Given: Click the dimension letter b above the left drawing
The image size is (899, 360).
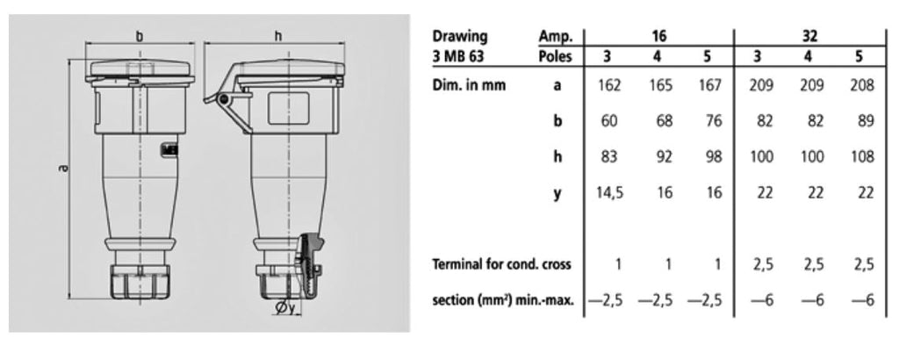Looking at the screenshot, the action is pyautogui.click(x=140, y=37).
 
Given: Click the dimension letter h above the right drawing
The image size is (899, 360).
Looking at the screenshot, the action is pyautogui.click(x=278, y=37).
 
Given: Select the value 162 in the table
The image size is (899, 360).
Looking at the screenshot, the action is pyautogui.click(x=609, y=85).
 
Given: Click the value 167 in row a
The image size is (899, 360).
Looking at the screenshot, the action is pyautogui.click(x=709, y=85).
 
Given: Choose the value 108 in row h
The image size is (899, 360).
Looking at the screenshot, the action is pyautogui.click(x=862, y=156).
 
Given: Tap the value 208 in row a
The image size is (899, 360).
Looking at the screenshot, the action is pyautogui.click(x=862, y=85).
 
